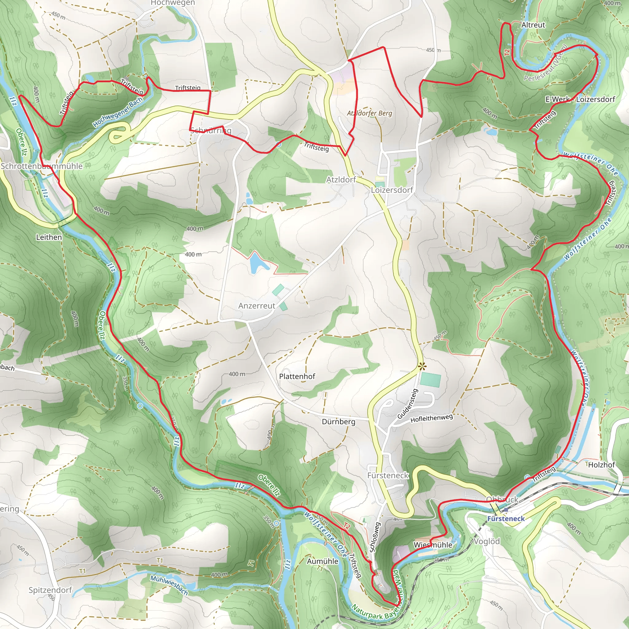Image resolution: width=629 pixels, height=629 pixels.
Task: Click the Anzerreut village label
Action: pyautogui.click(x=256, y=306)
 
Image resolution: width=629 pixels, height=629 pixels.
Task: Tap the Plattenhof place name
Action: pyautogui.click(x=297, y=376)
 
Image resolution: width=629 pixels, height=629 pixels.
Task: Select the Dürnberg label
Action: pyautogui.click(x=338, y=422)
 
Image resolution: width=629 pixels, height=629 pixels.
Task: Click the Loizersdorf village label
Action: pyautogui.click(x=392, y=190)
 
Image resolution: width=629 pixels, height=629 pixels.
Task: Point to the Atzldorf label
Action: pyautogui.click(x=341, y=180)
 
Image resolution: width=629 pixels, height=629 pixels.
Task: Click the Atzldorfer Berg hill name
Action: pyautogui.click(x=369, y=113)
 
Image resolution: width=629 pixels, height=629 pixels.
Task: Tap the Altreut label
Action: pyautogui.click(x=533, y=25)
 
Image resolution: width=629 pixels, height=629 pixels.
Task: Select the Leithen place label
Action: pyautogui.click(x=49, y=237)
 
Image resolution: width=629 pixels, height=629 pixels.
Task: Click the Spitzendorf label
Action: pyautogui.click(x=50, y=590)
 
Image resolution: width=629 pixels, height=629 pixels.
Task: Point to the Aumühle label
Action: pyautogui.click(x=322, y=561)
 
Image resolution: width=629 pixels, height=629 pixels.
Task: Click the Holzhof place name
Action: pyautogui.click(x=601, y=465)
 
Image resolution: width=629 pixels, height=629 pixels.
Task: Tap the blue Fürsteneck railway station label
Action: pyautogui.click(x=506, y=519)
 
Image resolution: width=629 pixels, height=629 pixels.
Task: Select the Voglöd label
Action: pyautogui.click(x=486, y=541)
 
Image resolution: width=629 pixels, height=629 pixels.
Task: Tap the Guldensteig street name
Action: pyautogui.click(x=407, y=404)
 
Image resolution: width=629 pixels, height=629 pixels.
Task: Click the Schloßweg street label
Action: pyautogui.click(x=375, y=537)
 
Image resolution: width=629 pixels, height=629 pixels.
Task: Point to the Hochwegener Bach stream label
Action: pyautogui.click(x=118, y=112)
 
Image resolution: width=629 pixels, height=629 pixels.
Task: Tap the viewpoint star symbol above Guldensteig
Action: pyautogui.click(x=422, y=367)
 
